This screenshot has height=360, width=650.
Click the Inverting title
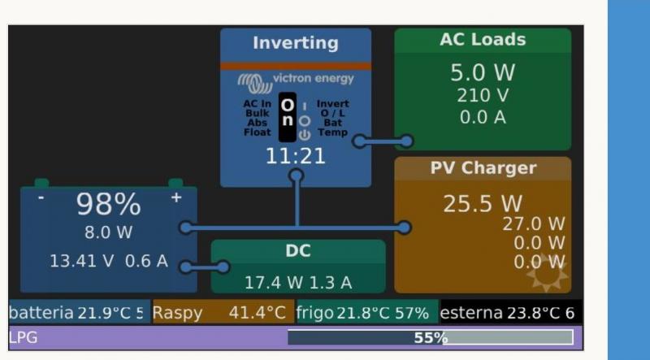click(295, 43)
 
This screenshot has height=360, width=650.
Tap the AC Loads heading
click(483, 40)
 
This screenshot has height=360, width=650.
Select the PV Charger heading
click(483, 168)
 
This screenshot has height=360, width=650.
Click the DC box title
click(297, 252)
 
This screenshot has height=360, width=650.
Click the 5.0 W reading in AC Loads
click(483, 73)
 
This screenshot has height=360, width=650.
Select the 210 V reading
click(483, 96)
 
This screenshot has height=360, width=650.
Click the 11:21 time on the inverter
click(295, 156)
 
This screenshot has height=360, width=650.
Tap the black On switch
click(287, 118)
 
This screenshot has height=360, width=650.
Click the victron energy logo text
click(313, 79)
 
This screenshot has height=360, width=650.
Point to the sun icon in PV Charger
click(546, 274)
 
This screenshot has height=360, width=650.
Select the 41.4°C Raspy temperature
click(257, 313)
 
